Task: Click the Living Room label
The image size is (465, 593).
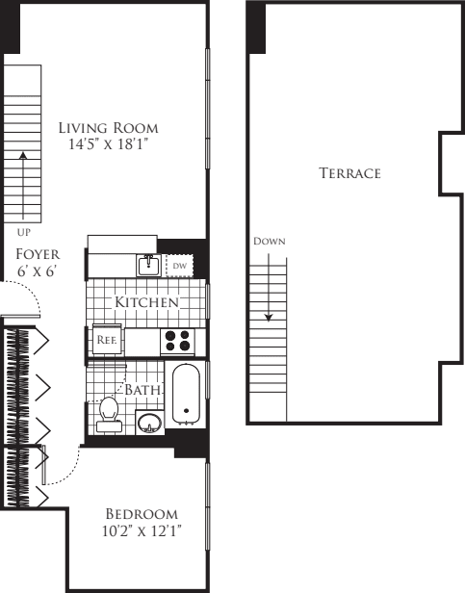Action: [x=108, y=127]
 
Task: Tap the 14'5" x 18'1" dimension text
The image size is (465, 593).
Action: [x=108, y=144]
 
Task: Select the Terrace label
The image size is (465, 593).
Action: [x=350, y=173]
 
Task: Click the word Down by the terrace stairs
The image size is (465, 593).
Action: [x=269, y=241]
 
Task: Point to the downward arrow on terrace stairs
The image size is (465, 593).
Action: [x=269, y=289]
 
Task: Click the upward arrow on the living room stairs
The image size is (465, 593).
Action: [x=22, y=183]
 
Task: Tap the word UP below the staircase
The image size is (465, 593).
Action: [x=22, y=232]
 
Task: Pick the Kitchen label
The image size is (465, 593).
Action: [x=146, y=302]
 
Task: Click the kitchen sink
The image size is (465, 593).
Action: [x=147, y=265]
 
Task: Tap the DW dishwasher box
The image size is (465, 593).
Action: [x=180, y=265]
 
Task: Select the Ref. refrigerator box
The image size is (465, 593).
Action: [x=106, y=340]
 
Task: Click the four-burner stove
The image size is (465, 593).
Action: [x=177, y=341]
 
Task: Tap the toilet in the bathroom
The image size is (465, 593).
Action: [x=109, y=411]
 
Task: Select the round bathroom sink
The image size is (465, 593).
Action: [x=149, y=422]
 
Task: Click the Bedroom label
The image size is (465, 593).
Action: [x=142, y=512]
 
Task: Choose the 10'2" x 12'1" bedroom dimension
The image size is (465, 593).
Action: [x=142, y=530]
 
